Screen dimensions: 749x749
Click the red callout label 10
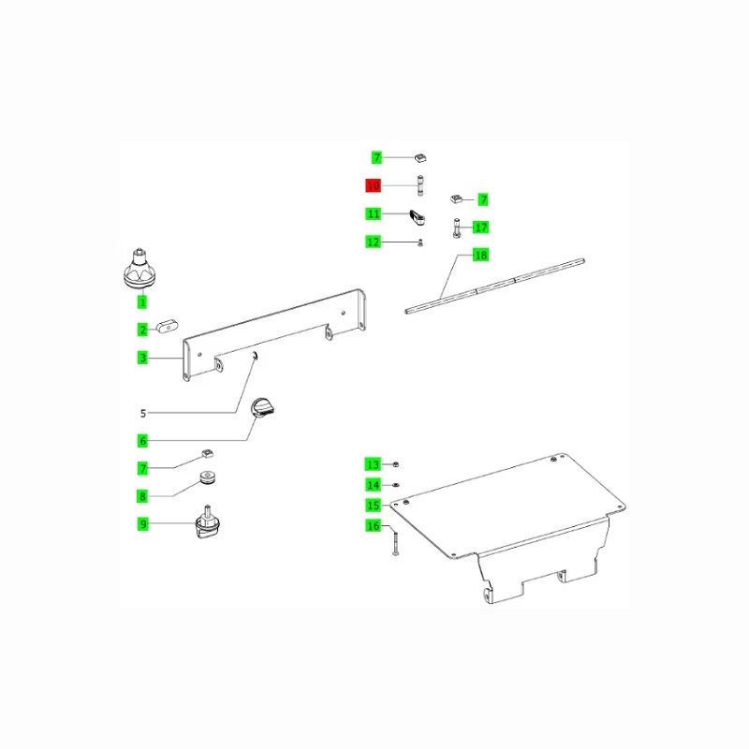tap(373, 185)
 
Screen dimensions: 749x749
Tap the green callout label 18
tap(480, 255)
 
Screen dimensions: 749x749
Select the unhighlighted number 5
tap(143, 413)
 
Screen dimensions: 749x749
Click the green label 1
tap(142, 301)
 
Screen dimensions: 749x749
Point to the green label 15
tap(373, 506)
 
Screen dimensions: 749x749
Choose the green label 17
tap(480, 228)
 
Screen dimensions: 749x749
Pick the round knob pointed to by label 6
tap(262, 408)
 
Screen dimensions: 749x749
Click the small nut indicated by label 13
tap(395, 464)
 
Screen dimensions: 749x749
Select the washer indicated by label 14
tap(395, 485)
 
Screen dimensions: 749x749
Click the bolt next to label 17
tap(457, 228)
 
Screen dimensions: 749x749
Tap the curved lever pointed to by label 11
tap(417, 217)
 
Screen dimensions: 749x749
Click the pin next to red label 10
tap(420, 185)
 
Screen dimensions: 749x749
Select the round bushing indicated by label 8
tap(208, 477)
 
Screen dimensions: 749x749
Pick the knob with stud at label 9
tap(207, 522)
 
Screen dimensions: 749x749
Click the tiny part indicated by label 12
tap(420, 243)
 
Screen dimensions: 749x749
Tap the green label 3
tap(142, 358)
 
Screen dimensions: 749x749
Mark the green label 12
tap(373, 242)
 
